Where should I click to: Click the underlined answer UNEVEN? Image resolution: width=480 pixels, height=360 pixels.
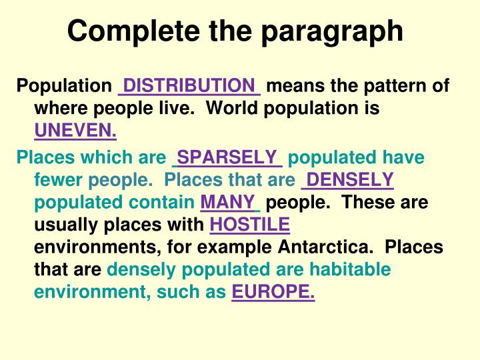(75, 131)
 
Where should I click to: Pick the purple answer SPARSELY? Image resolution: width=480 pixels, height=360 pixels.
(227, 157)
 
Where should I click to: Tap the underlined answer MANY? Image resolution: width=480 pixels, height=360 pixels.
(227, 201)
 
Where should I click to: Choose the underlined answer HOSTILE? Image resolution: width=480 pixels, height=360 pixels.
(249, 224)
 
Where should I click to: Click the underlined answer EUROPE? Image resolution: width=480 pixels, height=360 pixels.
(273, 292)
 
